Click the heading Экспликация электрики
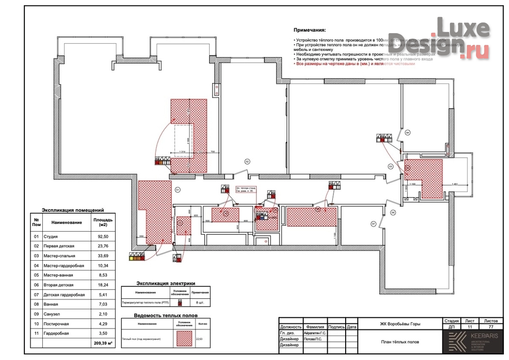(165, 284)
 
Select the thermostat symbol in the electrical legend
(179, 302)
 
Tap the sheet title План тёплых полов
(400, 342)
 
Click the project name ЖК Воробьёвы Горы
(400, 324)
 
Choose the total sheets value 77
(490, 327)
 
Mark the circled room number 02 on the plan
(247, 161)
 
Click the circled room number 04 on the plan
(408, 132)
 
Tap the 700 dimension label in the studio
(213, 152)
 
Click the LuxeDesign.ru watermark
(461, 38)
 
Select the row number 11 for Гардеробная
(36, 333)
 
